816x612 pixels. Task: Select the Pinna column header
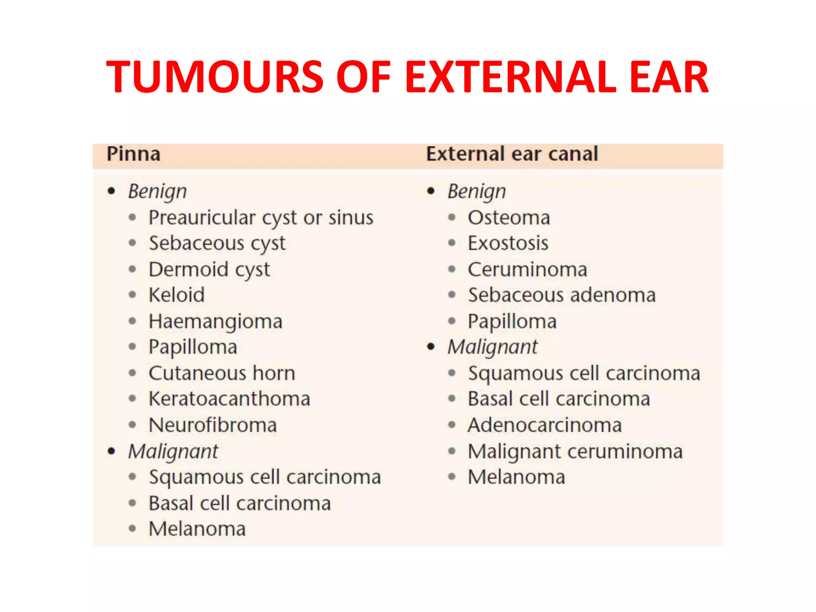click(133, 154)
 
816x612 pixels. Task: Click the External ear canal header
click(512, 154)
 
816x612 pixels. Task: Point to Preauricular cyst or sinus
click(261, 218)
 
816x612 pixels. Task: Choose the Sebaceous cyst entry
click(217, 243)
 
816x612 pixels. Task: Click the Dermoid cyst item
click(209, 270)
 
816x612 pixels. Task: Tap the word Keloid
click(177, 295)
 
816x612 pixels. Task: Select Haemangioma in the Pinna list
click(216, 322)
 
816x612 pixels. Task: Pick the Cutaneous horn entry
click(222, 373)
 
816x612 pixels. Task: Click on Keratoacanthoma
click(229, 399)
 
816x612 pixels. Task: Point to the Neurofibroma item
click(213, 425)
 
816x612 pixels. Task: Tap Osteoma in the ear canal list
click(509, 218)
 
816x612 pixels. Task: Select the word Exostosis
click(508, 243)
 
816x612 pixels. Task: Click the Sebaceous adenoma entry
click(562, 295)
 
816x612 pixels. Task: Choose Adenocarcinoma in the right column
click(545, 425)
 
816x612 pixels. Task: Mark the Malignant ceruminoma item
click(575, 451)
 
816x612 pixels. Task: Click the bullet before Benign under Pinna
click(112, 191)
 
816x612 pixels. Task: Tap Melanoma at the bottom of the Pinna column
click(197, 529)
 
